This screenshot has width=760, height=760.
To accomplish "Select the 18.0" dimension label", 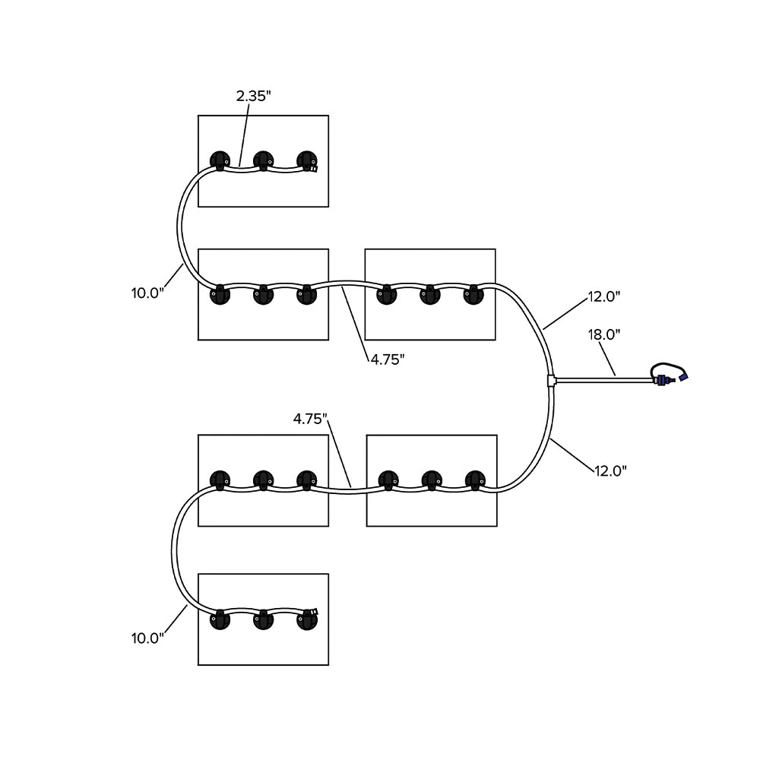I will tap(604, 334).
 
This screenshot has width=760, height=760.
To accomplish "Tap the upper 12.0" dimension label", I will tap(604, 296).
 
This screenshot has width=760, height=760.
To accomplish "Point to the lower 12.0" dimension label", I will tap(610, 470).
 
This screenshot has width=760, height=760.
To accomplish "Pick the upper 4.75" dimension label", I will tap(387, 359).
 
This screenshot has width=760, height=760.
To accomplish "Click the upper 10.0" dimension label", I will tap(147, 293).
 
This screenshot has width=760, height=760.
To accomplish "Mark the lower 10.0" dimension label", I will tap(147, 638).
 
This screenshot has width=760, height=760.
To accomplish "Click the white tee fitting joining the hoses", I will tap(551, 378).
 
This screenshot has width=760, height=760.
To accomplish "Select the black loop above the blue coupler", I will tap(666, 367).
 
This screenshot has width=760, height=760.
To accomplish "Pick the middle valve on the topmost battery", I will tap(264, 160).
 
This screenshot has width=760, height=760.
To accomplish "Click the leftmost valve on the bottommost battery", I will tap(220, 619).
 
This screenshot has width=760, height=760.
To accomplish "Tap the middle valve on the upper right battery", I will tap(430, 293).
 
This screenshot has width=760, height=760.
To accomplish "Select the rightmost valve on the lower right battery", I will tap(475, 480).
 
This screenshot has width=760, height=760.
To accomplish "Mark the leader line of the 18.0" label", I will tap(606, 356).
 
